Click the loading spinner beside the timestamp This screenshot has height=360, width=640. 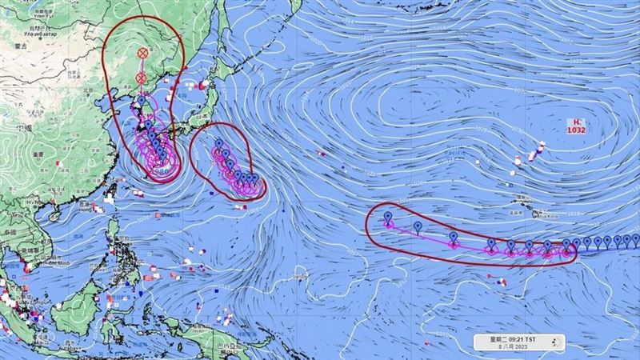point(558,342)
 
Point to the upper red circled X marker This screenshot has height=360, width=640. point(143,52)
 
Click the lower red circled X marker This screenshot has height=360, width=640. point(142,78)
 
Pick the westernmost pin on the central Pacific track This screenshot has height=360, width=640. point(388,218)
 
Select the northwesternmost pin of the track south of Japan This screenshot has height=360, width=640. point(218,146)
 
